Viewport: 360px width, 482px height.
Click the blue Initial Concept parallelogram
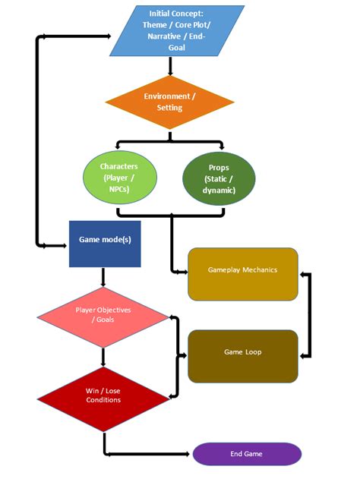177,30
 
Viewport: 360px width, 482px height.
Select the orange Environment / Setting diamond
169,102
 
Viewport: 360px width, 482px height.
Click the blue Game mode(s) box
105,244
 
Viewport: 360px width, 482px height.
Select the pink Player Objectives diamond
103,315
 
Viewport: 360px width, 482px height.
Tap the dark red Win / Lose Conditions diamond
103,395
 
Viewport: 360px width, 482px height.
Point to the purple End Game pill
247,454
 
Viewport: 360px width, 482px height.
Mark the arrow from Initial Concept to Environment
169,67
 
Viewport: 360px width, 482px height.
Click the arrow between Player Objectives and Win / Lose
103,356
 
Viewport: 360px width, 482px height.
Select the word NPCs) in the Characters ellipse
118,189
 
